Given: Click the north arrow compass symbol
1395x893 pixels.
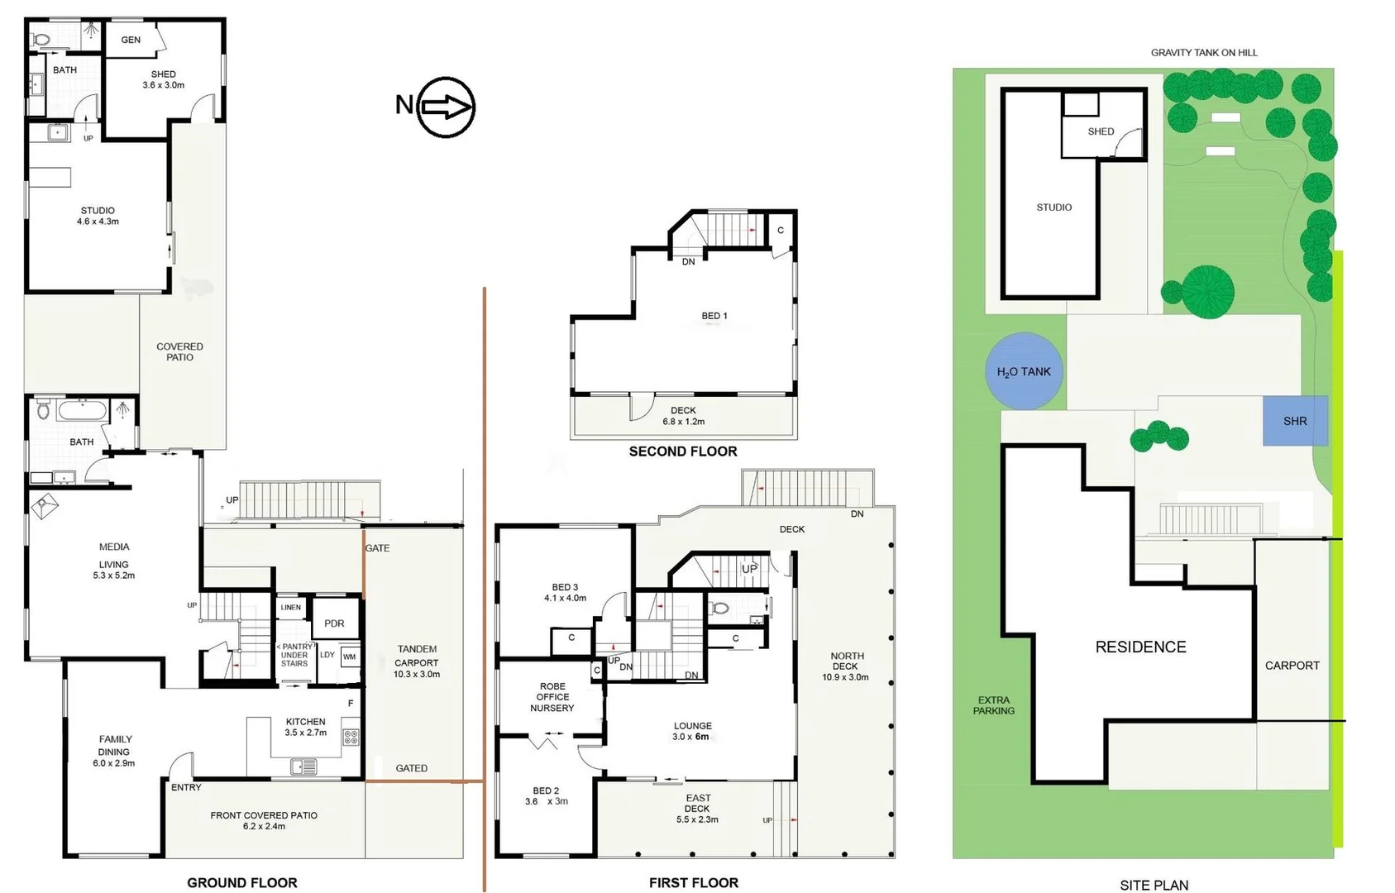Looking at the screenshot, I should click(445, 107).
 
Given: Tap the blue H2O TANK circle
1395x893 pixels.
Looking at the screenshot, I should click(1024, 371).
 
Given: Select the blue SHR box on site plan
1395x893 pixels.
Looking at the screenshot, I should click(1295, 421).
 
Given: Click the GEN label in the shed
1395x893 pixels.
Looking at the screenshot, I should click(131, 40).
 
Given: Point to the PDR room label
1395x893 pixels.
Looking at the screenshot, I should click(334, 623).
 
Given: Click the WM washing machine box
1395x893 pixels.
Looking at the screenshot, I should click(350, 657).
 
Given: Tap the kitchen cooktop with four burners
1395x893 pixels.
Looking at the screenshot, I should click(351, 737).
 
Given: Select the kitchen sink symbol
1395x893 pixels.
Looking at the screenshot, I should click(303, 767).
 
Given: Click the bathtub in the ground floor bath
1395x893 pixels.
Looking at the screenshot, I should click(83, 409).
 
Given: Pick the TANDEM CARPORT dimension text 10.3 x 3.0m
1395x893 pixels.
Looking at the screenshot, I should click(417, 675).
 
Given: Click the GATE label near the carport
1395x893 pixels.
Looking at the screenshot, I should click(377, 548).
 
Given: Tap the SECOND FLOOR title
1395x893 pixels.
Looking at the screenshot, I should click(683, 451).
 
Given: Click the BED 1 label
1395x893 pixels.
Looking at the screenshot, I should click(714, 316).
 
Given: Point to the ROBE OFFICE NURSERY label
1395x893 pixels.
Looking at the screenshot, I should click(552, 697).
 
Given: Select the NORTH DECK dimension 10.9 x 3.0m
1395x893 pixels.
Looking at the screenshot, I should click(845, 677).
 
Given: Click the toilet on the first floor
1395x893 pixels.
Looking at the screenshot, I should click(721, 609).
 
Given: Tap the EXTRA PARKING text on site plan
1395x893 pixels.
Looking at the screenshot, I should click(993, 705).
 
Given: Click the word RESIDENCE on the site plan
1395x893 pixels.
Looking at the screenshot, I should click(1140, 647).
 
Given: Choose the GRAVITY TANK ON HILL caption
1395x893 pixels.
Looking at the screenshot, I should click(1204, 53).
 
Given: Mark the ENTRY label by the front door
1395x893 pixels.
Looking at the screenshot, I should click(186, 787).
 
